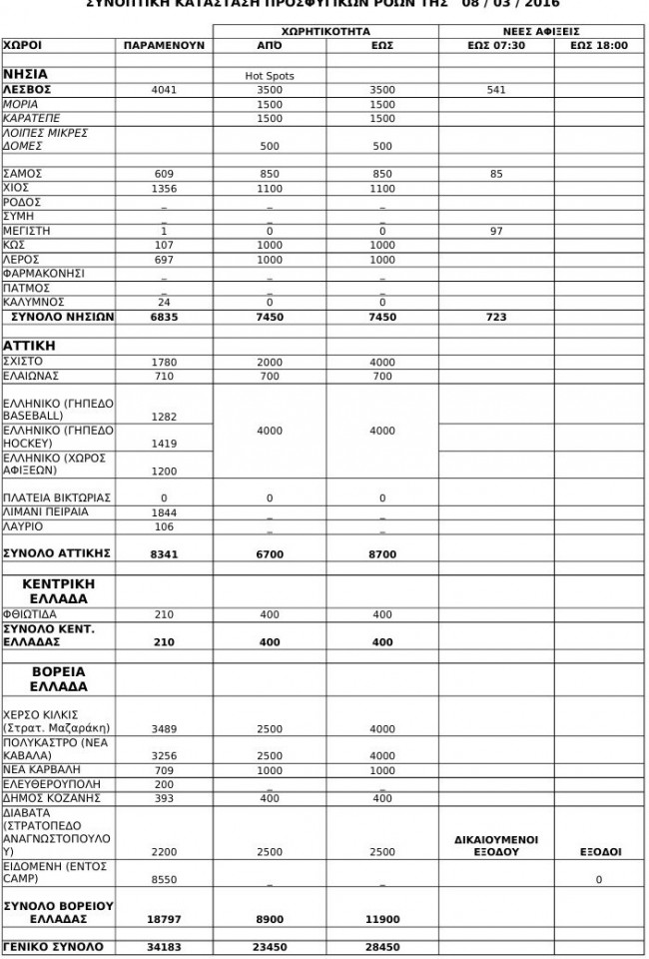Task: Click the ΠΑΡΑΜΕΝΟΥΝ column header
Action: (x=164, y=46)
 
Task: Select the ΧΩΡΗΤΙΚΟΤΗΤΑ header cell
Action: (x=325, y=32)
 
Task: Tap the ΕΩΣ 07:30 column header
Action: (x=496, y=46)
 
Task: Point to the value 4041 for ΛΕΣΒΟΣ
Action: (x=164, y=90)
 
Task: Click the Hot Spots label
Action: (x=270, y=76)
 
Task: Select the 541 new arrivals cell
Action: (x=496, y=90)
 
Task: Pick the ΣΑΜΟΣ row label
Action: (x=22, y=173)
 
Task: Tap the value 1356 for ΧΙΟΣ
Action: (x=164, y=188)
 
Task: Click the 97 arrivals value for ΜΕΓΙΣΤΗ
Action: (x=496, y=231)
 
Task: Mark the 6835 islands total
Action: (x=164, y=318)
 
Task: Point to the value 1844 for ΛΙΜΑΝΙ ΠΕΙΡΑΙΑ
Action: (x=164, y=512)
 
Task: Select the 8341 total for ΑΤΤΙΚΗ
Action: (x=164, y=553)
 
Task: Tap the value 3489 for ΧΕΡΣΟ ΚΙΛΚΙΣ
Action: (x=164, y=728)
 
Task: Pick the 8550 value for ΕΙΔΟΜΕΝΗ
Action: (x=164, y=880)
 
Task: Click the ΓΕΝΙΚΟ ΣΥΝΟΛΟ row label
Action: (x=53, y=946)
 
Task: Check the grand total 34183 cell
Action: (x=164, y=946)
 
